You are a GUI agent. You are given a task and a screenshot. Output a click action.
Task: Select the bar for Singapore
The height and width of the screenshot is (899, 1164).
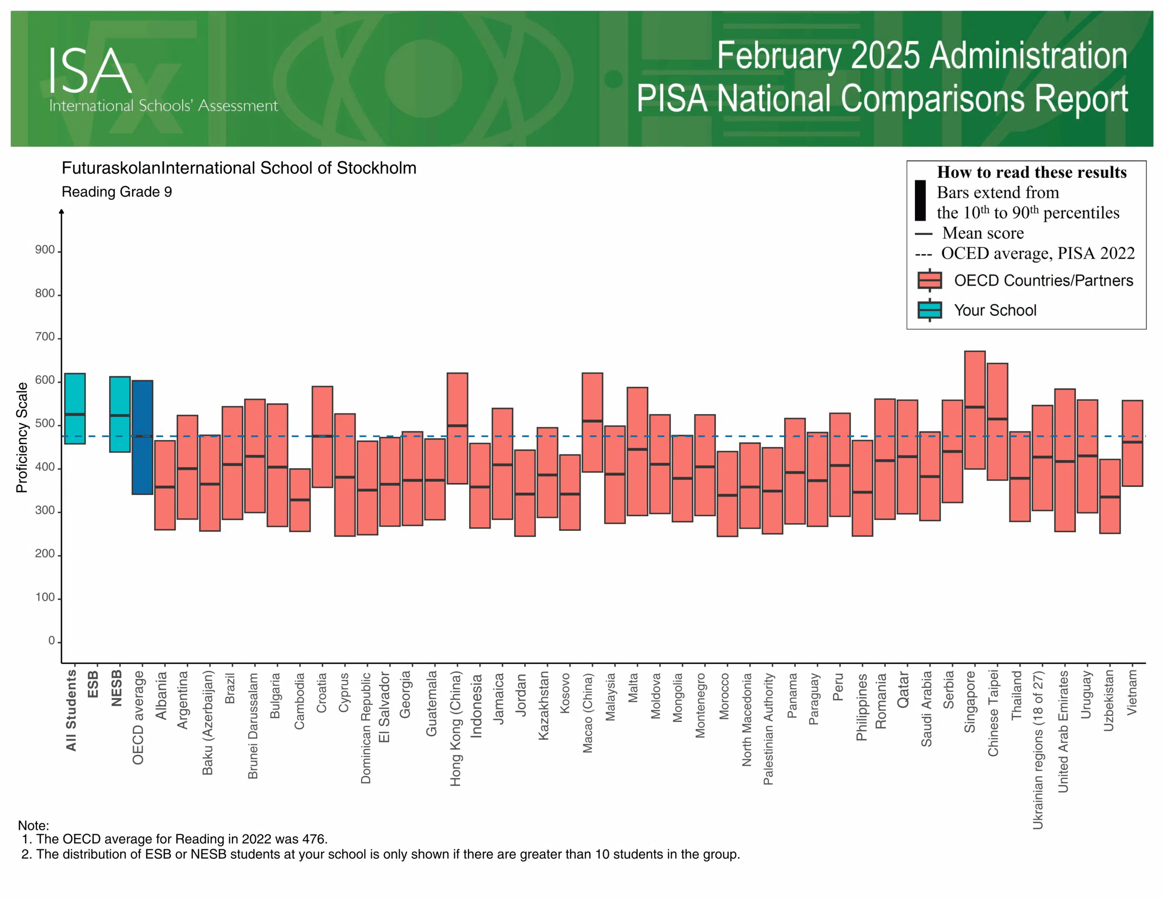coord(975,410)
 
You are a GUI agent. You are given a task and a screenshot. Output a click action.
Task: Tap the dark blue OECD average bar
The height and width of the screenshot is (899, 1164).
coord(142,437)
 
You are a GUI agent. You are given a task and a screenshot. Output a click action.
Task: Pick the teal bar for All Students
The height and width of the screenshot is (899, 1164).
coord(75,408)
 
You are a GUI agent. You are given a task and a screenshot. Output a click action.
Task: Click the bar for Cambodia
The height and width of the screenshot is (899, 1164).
coord(300,500)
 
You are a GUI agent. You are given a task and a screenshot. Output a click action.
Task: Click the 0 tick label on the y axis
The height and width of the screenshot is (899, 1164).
coord(51,640)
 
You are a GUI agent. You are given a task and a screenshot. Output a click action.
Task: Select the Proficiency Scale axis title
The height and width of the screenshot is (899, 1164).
coord(21,437)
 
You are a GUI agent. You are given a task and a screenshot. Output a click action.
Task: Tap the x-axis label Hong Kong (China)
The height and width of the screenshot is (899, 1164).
coord(456,728)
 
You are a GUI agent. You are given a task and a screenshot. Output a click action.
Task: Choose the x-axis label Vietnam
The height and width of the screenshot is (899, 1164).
coord(1132,693)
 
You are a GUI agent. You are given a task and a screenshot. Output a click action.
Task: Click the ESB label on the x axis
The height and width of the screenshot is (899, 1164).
coord(93,684)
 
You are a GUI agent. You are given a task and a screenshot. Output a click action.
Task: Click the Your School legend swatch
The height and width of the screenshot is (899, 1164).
coord(929,310)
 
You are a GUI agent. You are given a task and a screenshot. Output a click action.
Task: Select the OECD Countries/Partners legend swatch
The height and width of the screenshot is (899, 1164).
coord(929,280)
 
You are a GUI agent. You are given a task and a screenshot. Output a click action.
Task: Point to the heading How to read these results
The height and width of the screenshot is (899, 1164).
coord(1032,172)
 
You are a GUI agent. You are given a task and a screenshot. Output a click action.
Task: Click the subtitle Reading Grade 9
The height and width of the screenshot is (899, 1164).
coord(117,192)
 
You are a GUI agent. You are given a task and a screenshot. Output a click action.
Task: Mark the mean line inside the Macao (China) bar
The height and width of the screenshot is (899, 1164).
coord(592,421)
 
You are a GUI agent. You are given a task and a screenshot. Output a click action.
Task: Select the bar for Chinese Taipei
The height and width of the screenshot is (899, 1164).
coord(997,421)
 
